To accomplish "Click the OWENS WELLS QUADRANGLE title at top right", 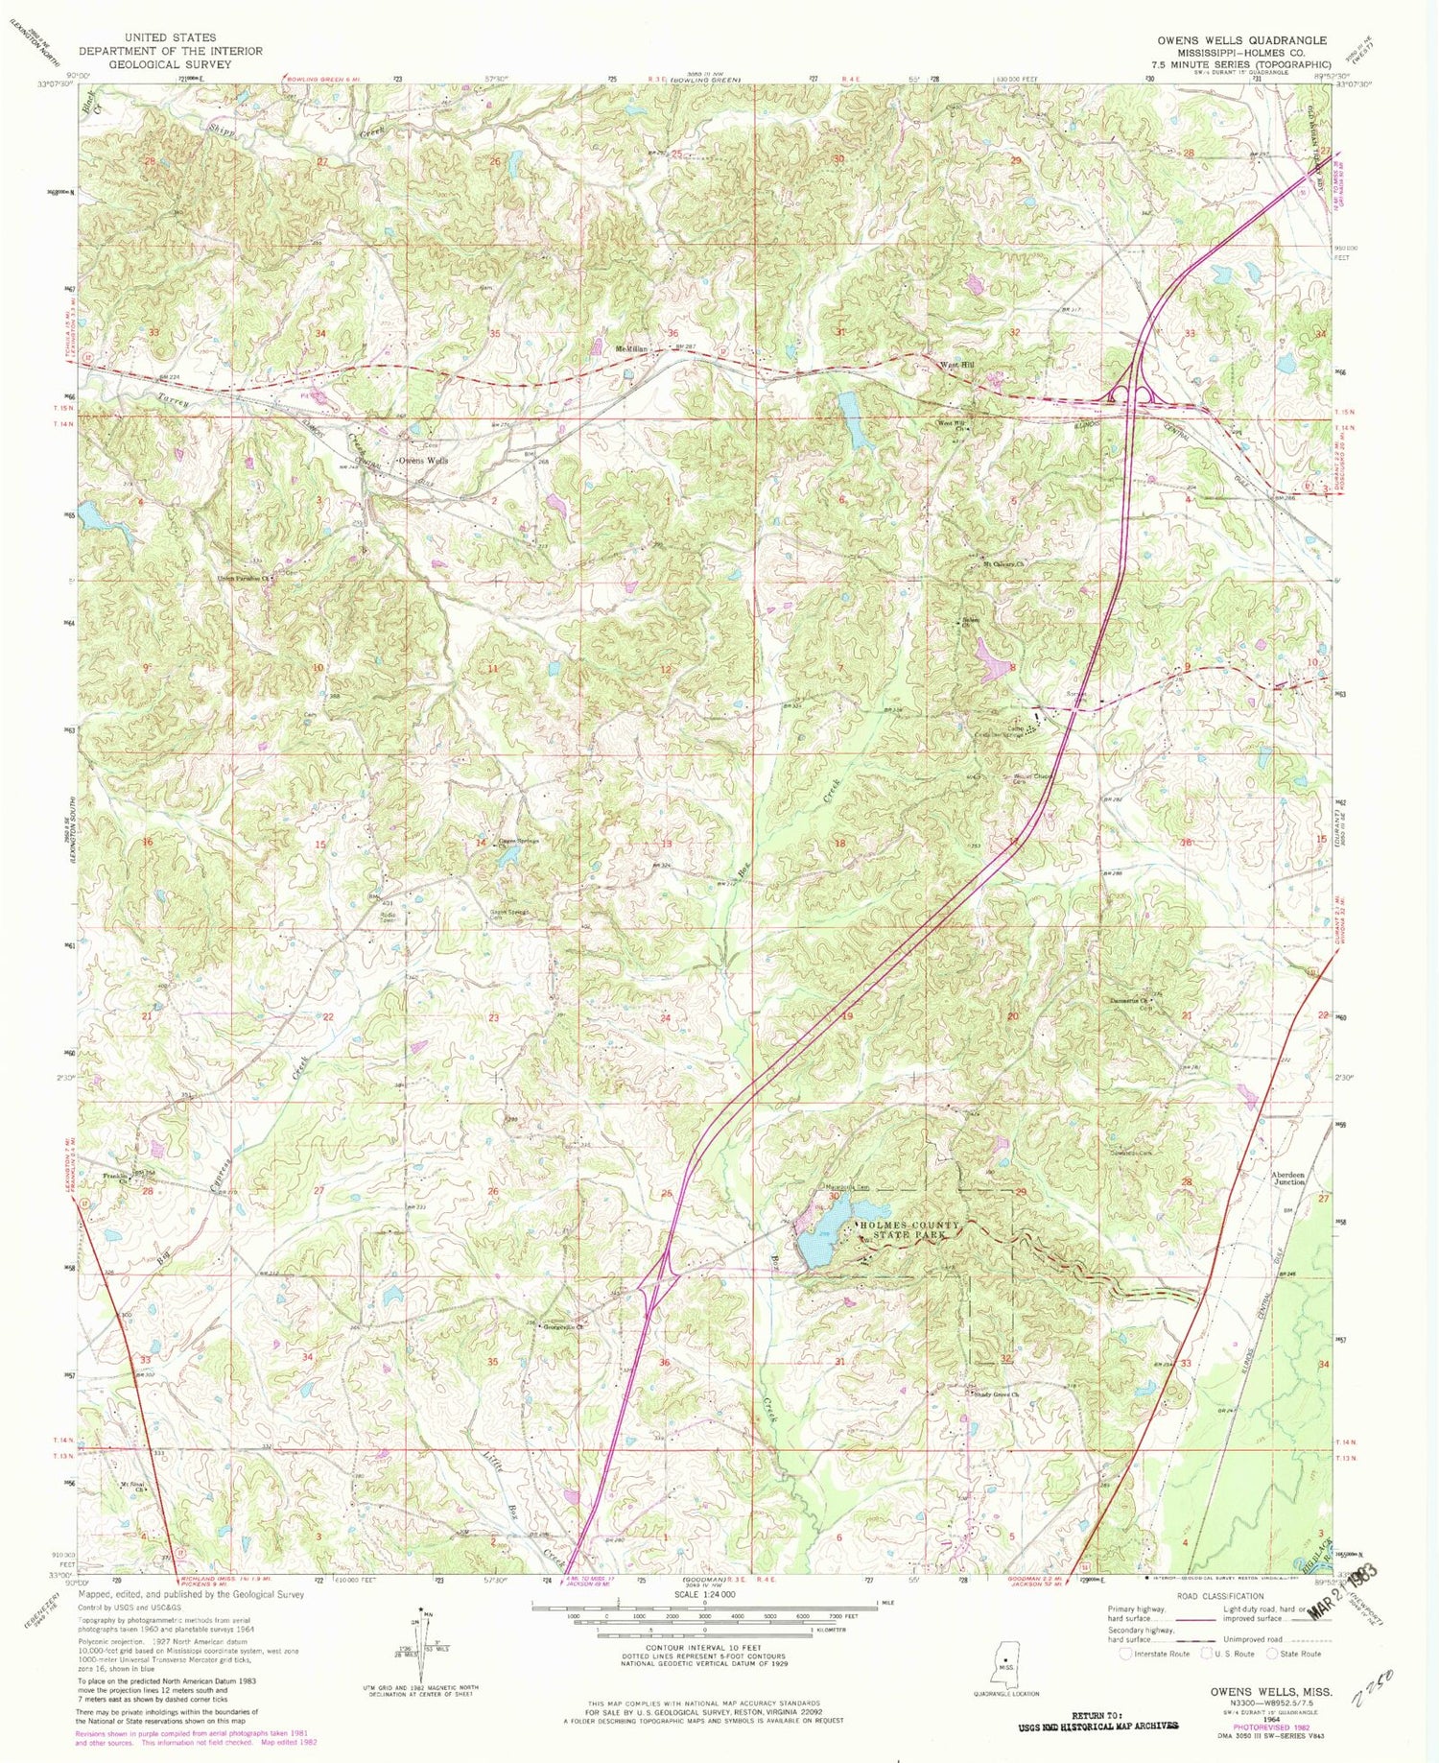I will (1241, 40).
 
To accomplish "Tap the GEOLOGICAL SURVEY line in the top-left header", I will (155, 64).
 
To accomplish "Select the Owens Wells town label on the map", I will (423, 461).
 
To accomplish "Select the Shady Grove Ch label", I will (995, 1395).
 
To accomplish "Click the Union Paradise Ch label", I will (240, 579).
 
